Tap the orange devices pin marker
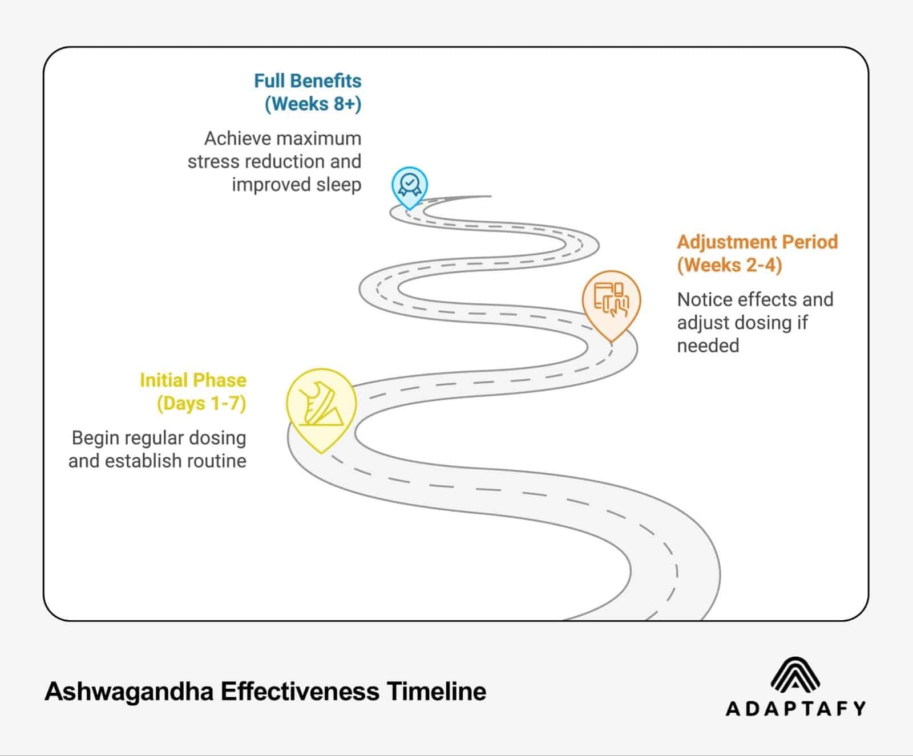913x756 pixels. pyautogui.click(x=611, y=301)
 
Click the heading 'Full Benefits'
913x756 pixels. pyautogui.click(x=308, y=81)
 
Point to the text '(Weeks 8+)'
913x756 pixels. pyautogui.click(x=313, y=104)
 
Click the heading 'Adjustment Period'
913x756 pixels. pyautogui.click(x=757, y=242)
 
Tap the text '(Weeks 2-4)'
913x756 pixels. pyautogui.click(x=729, y=265)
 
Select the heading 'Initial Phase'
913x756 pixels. pyautogui.click(x=193, y=380)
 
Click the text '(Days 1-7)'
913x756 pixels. pyautogui.click(x=201, y=404)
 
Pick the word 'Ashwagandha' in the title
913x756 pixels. pyautogui.click(x=129, y=692)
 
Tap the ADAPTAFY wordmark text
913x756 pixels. pyautogui.click(x=795, y=709)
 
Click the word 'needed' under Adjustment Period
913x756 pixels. pyautogui.click(x=708, y=346)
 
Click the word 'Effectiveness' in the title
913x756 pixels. pyautogui.click(x=300, y=692)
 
